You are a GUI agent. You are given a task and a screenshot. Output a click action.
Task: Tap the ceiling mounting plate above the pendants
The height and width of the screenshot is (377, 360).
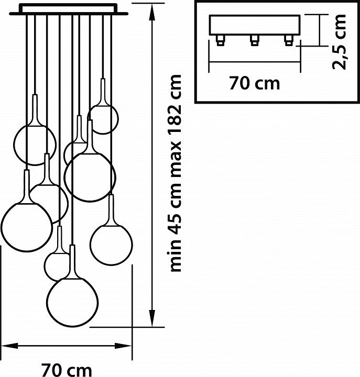point(74,9)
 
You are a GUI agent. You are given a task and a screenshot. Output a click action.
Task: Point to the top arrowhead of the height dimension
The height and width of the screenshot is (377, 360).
point(152,14)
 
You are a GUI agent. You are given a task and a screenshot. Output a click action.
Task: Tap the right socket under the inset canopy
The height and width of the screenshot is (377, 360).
point(287,39)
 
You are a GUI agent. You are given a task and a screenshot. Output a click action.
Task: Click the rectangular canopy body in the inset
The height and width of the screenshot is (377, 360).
point(254,25)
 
